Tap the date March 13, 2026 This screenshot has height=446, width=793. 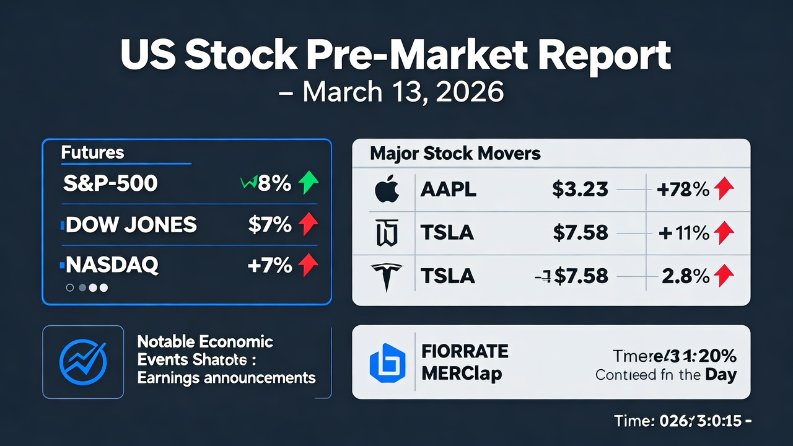pyautogui.click(x=403, y=92)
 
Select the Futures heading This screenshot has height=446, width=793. pyautogui.click(x=93, y=152)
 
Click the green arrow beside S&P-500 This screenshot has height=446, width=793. pyautogui.click(x=308, y=183)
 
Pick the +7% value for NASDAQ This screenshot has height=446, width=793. pyautogui.click(x=269, y=266)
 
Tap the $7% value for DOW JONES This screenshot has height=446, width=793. pyautogui.click(x=269, y=225)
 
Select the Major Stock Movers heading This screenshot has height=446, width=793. pyautogui.click(x=455, y=154)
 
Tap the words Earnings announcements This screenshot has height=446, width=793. pyautogui.click(x=226, y=377)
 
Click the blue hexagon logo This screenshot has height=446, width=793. pyautogui.click(x=387, y=362)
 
